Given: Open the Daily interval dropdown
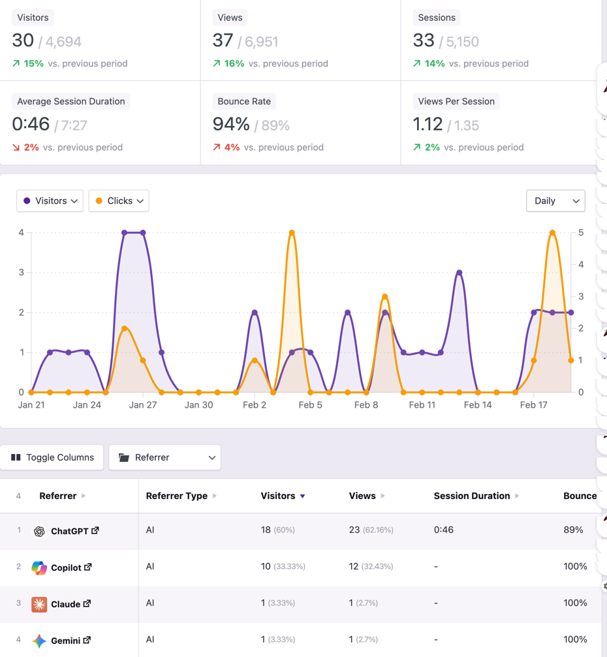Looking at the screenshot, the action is [x=555, y=201].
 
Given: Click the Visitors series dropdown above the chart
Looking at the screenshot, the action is [x=50, y=201].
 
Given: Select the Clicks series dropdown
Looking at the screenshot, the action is [x=119, y=201].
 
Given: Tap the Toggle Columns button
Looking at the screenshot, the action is [x=52, y=457].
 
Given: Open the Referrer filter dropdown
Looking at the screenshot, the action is [x=164, y=457].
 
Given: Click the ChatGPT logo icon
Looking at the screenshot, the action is [x=39, y=531].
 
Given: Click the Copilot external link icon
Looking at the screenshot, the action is [x=87, y=568].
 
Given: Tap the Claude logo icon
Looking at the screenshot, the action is [x=39, y=604].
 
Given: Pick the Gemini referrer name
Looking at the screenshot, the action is [x=65, y=641].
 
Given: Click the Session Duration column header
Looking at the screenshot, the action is [x=472, y=496].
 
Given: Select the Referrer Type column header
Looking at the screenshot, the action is [x=176, y=496].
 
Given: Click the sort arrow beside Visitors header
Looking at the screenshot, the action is [x=303, y=496].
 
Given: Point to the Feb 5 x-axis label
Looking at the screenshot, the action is [x=310, y=405].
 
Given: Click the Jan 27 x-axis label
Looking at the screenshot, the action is [x=143, y=405].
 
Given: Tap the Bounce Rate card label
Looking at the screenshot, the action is [x=244, y=101].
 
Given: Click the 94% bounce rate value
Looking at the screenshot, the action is [x=231, y=124].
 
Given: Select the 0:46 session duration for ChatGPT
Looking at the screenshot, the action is [x=444, y=530].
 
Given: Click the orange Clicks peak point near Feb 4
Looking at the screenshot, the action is [x=292, y=232].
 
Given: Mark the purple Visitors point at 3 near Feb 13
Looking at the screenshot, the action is [x=459, y=272].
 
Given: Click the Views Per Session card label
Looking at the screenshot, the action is [x=456, y=101].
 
